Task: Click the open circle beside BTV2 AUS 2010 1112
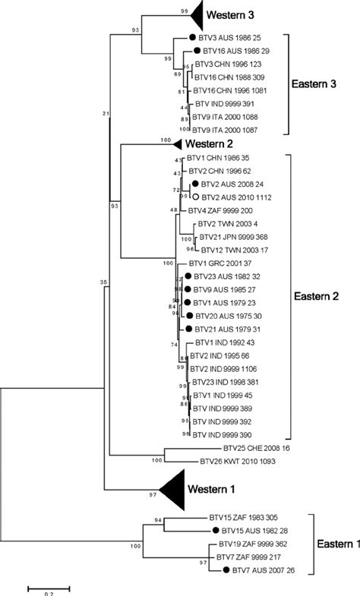[x=195, y=196]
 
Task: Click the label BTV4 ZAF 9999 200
[x=225, y=209]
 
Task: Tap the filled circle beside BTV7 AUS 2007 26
[x=226, y=569]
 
